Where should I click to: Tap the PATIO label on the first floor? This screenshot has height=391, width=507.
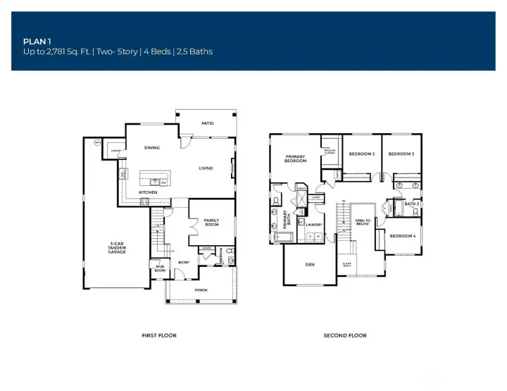pos(207,123)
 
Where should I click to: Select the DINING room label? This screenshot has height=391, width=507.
pos(151,148)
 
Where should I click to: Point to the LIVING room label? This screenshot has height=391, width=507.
pos(206,168)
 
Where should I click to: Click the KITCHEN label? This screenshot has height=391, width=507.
pos(147,192)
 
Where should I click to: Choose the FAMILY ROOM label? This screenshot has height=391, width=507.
pos(211,223)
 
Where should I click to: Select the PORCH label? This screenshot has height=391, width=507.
pos(201,290)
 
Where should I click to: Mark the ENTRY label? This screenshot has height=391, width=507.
pos(184,263)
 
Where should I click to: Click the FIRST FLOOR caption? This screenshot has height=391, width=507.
pos(159,335)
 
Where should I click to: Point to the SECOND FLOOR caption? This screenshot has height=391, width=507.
pos(345,335)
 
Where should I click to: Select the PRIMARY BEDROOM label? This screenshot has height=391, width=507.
pos(295,159)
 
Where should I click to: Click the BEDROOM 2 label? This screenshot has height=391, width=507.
pos(362,154)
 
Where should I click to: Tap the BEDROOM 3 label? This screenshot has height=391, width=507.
pos(401,154)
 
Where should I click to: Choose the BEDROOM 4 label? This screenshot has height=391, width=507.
pos(403,235)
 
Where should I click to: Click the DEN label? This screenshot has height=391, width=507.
pos(309,265)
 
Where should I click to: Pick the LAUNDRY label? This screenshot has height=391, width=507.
pos(314,225)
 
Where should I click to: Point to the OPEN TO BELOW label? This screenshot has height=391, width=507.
pos(363,223)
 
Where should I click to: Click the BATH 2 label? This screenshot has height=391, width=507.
pos(412,204)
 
